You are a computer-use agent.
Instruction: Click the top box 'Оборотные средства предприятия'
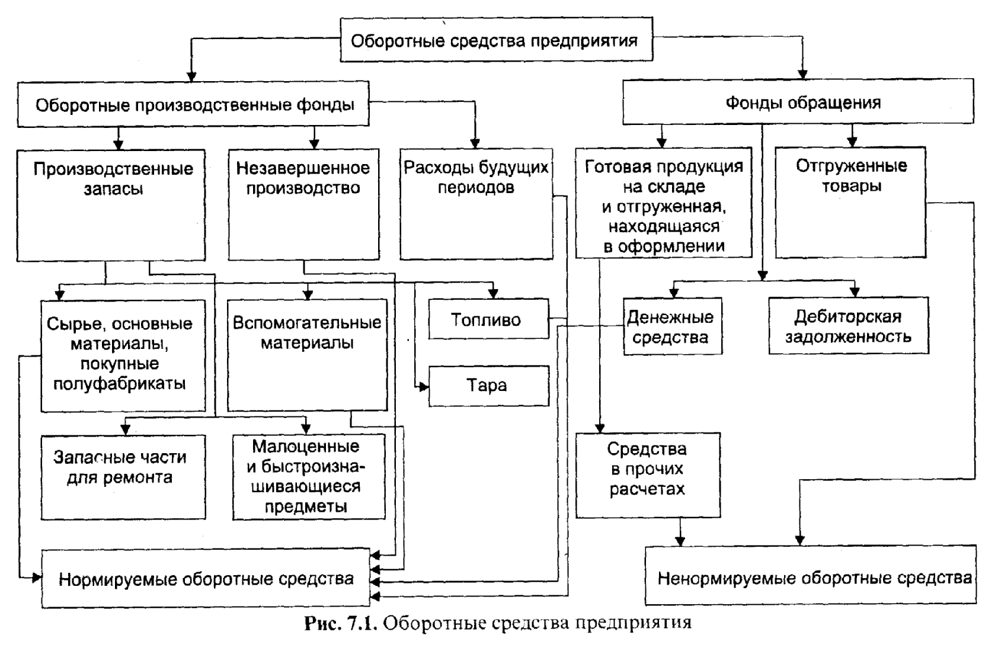tap(495, 40)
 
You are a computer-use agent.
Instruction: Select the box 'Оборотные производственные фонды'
tap(193, 105)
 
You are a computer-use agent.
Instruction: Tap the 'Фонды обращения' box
tap(797, 102)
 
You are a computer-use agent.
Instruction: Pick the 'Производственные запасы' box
tap(111, 204)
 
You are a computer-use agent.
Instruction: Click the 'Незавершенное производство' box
tap(303, 204)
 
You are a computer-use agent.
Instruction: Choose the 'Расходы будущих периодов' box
tap(476, 204)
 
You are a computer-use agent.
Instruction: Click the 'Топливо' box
tap(488, 320)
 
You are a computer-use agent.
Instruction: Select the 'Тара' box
tap(488, 386)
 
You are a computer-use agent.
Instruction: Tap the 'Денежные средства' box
tap(672, 326)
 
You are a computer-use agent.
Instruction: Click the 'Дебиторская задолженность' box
tap(848, 326)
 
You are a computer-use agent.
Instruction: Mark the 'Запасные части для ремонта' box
tap(123, 477)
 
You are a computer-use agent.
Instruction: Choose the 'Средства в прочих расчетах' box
tap(648, 474)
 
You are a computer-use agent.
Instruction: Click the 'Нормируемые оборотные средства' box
tap(206, 578)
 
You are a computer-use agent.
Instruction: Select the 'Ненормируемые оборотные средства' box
tap(810, 576)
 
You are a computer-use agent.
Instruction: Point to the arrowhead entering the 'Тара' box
tap(424, 387)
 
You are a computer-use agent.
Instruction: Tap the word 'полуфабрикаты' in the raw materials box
tap(120, 384)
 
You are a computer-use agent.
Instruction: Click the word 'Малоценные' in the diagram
tap(306, 446)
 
